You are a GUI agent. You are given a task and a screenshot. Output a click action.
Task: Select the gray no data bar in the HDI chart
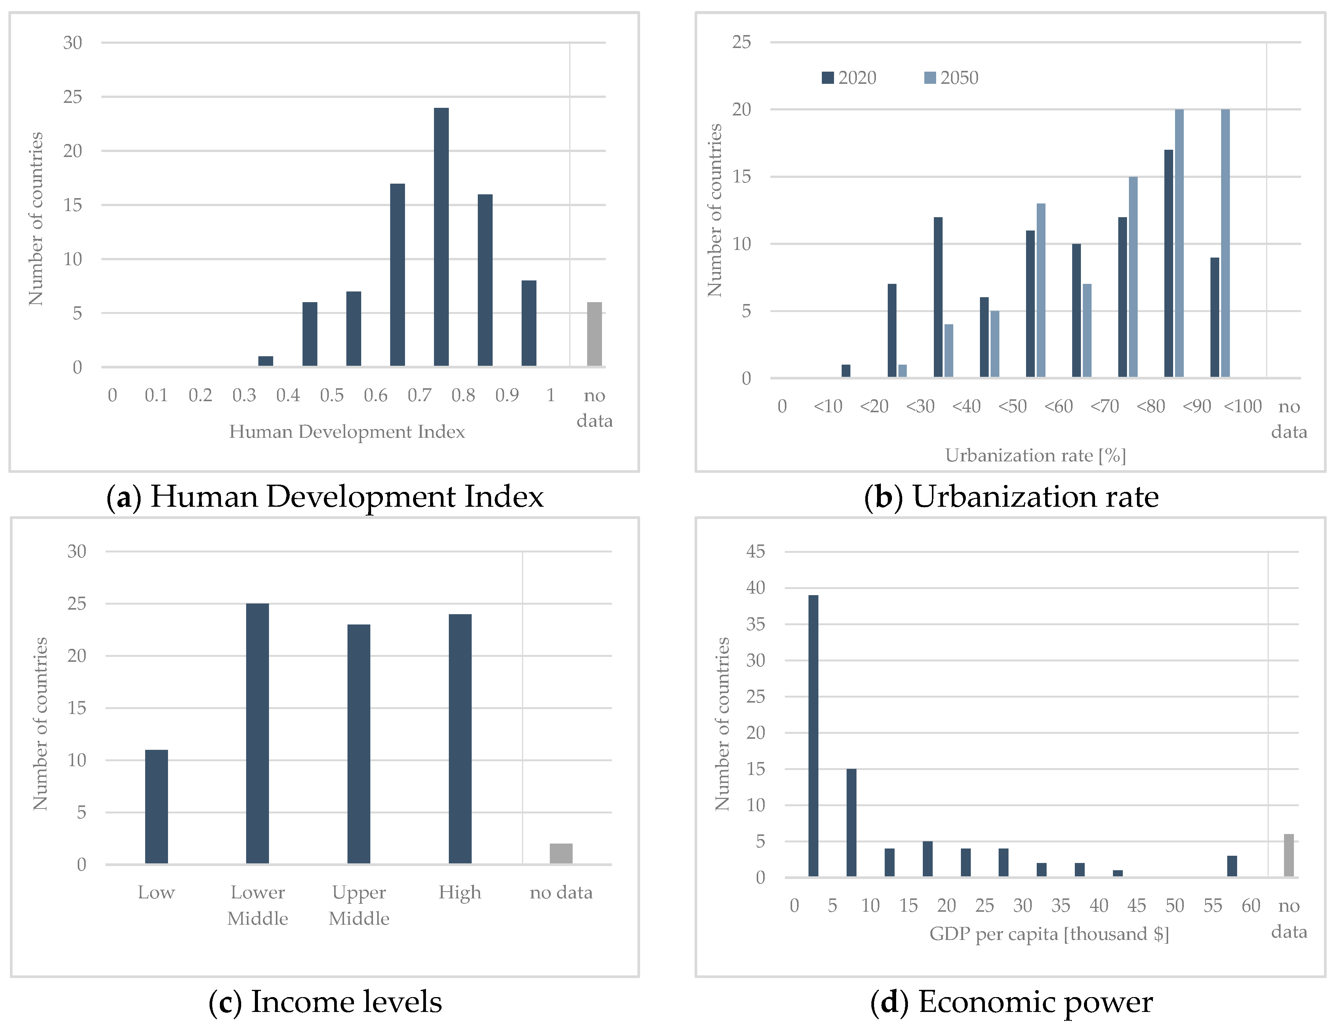pos(594,335)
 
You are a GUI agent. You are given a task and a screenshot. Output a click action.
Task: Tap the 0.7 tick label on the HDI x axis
pos(419,395)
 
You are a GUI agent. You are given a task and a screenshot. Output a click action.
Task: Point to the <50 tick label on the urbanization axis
pos(1012,406)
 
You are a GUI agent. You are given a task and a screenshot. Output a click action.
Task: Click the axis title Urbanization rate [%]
pos(1035,455)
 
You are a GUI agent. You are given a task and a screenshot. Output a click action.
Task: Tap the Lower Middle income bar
pos(258,733)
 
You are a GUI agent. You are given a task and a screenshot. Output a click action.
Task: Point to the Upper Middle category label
pos(359,905)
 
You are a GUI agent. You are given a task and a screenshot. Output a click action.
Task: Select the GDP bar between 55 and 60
pos(1232,866)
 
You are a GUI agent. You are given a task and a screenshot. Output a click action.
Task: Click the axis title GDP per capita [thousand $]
pos(1049,934)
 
